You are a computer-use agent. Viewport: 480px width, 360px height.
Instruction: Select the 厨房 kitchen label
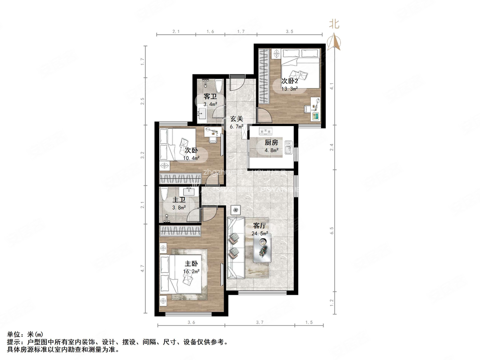pyautogui.click(x=272, y=143)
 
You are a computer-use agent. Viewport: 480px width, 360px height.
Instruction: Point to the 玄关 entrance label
pyautogui.click(x=236, y=119)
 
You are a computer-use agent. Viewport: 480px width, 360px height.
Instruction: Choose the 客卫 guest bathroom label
pyautogui.click(x=209, y=97)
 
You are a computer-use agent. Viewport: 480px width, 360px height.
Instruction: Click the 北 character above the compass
pyautogui.click(x=334, y=24)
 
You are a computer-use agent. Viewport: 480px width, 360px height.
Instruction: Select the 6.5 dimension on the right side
pyautogui.click(x=331, y=231)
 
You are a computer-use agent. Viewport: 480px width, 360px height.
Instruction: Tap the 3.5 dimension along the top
pyautogui.click(x=289, y=31)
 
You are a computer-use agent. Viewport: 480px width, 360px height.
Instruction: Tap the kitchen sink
pyautogui.click(x=289, y=151)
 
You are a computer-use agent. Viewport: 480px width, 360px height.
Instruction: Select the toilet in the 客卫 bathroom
pyautogui.click(x=219, y=86)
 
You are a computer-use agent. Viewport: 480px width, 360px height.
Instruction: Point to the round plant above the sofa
pyautogui.click(x=236, y=210)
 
